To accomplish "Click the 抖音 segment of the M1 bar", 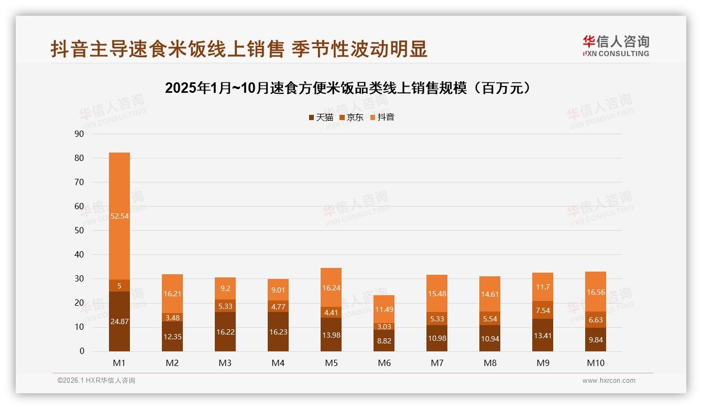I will click(x=119, y=216).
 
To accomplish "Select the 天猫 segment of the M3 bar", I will click(x=225, y=331).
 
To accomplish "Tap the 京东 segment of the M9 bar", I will click(x=543, y=310).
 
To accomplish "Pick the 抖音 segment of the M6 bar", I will click(x=384, y=309).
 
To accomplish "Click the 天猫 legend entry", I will click(x=321, y=117).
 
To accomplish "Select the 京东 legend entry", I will click(x=352, y=117).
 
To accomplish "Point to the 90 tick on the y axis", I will click(x=80, y=134).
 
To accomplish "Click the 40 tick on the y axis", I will click(x=80, y=255).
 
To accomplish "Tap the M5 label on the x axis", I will click(x=331, y=363).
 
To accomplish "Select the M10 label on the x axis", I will click(x=596, y=363).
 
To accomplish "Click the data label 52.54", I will click(x=119, y=216).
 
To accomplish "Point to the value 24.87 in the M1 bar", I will click(x=119, y=321).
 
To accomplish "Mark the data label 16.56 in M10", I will click(x=596, y=293).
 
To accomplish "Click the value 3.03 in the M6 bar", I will click(x=384, y=327).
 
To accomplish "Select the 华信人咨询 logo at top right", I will click(x=616, y=46).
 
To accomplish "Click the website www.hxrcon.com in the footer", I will click(x=609, y=381).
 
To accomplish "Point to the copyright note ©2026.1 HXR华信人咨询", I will click(x=96, y=381).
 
